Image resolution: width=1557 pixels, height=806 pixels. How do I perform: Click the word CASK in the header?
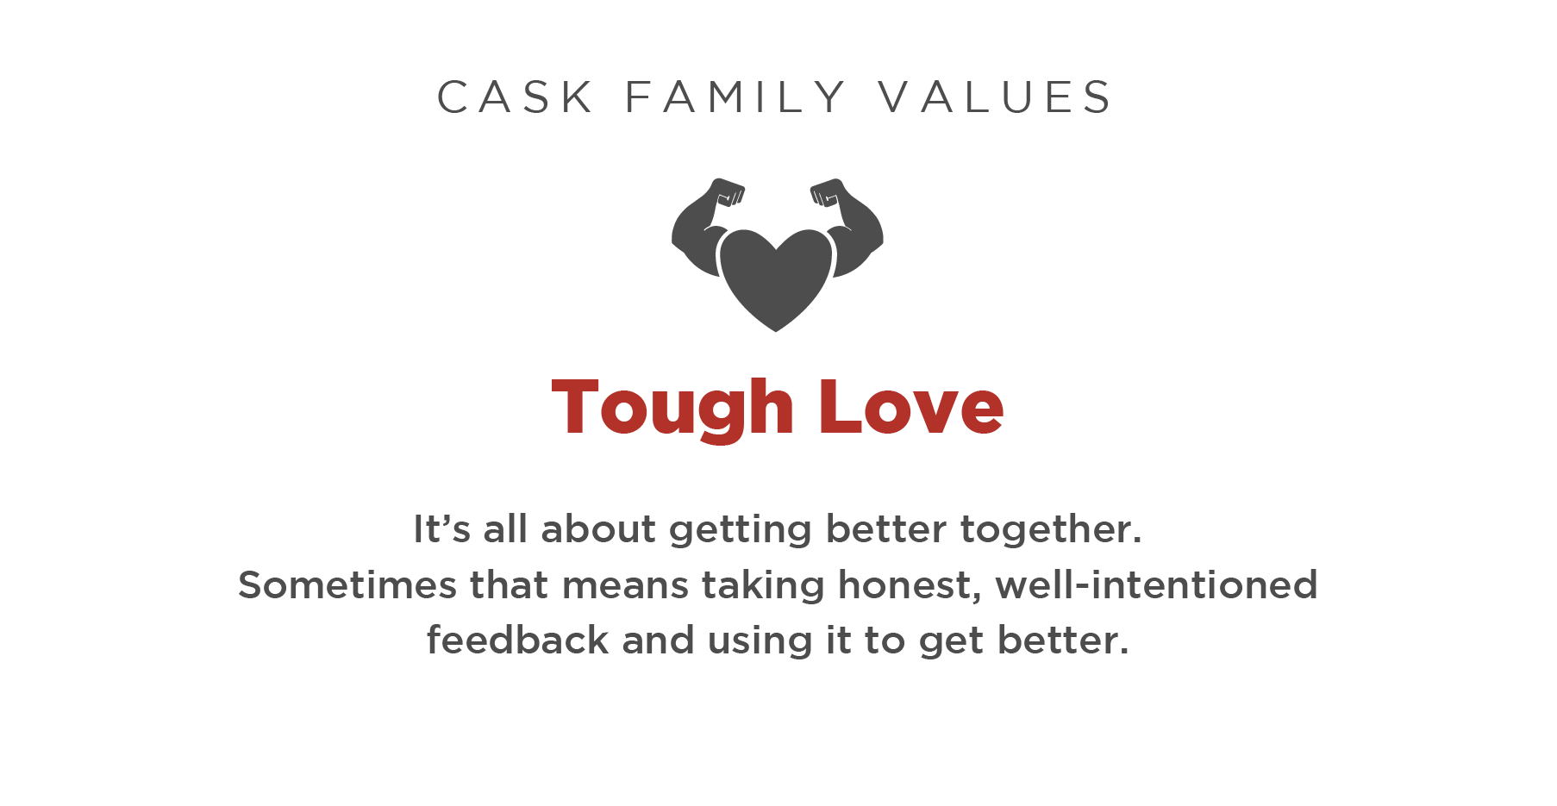pyautogui.click(x=515, y=97)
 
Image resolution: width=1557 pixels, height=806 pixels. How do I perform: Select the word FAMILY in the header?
pyautogui.click(x=735, y=97)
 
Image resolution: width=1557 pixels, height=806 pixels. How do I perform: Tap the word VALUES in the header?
pyautogui.click(x=996, y=97)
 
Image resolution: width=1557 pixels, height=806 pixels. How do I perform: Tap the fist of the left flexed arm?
pyautogui.click(x=726, y=191)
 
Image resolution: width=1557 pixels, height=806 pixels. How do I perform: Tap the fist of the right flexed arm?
pyautogui.click(x=828, y=191)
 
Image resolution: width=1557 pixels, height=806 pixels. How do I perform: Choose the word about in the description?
pyautogui.click(x=598, y=528)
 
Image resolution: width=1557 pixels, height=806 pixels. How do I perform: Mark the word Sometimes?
pyautogui.click(x=347, y=584)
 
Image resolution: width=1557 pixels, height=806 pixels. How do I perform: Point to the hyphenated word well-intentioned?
pyautogui.click(x=1157, y=584)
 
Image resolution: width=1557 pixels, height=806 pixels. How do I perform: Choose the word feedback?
pyautogui.click(x=518, y=640)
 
